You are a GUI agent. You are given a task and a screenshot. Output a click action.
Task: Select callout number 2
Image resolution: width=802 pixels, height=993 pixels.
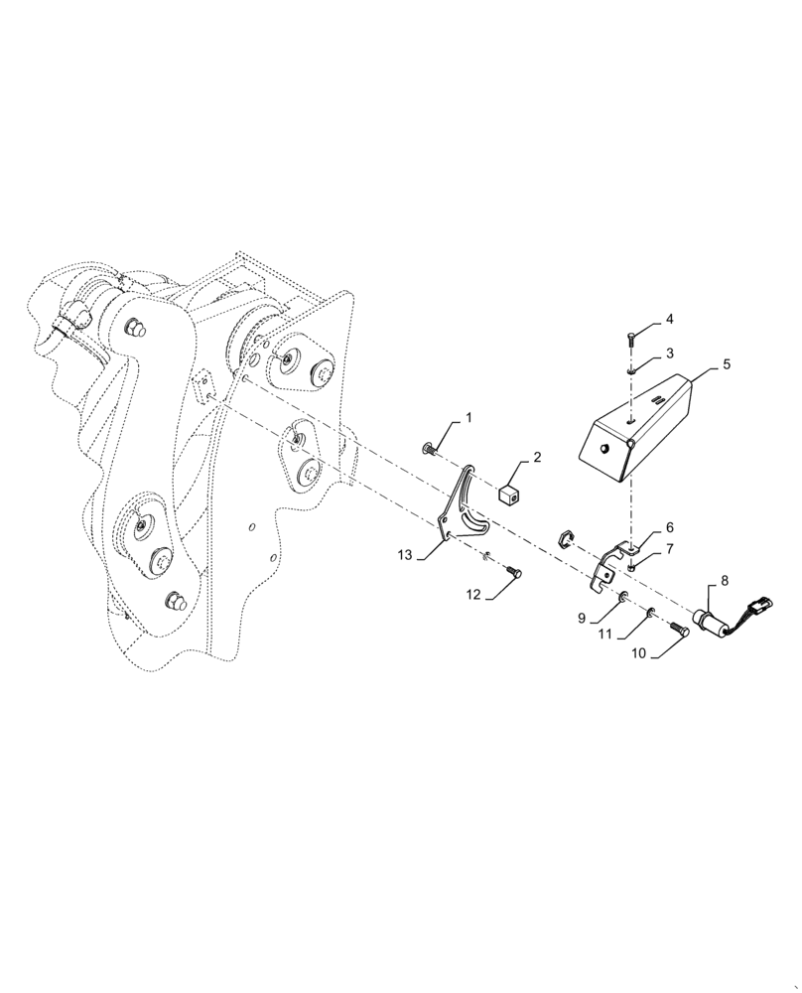pos(536,458)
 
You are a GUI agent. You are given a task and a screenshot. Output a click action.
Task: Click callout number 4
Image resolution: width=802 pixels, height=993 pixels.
pos(669,320)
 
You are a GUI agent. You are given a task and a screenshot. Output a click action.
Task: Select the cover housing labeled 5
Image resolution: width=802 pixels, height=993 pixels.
pos(635,423)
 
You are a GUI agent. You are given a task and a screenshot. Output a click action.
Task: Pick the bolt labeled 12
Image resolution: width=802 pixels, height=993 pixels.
pos(514,571)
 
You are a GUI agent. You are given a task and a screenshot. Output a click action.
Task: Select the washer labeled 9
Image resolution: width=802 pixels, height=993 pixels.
pos(622,597)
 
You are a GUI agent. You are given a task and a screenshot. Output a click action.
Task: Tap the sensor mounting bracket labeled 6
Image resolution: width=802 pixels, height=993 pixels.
pos(612,561)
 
